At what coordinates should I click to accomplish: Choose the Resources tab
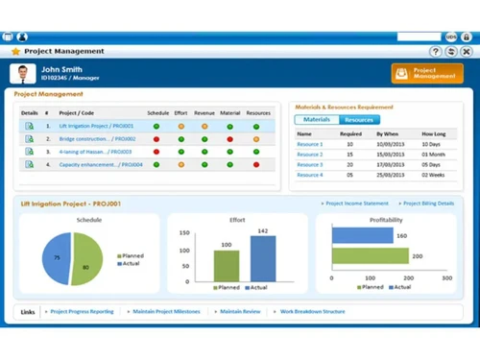coord(358,120)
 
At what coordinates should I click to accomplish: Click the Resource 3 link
coord(309,165)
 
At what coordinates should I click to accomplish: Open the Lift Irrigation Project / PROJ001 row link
coord(96,126)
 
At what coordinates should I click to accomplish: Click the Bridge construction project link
coord(97,139)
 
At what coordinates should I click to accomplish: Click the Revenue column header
coord(204,113)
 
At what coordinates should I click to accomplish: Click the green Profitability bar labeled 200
coord(365,256)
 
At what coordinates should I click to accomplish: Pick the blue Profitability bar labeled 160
coord(356,236)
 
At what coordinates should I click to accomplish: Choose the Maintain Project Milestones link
coord(166,312)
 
